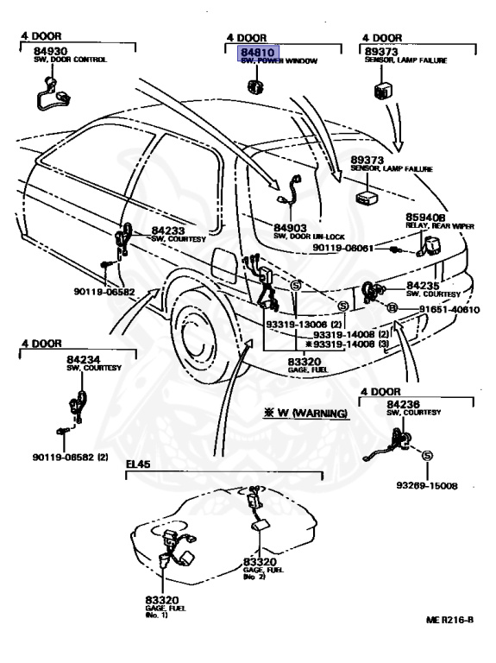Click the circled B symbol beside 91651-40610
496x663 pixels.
pos(391,309)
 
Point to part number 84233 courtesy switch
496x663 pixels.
pos(169,231)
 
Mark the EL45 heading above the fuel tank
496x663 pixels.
pos(138,464)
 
